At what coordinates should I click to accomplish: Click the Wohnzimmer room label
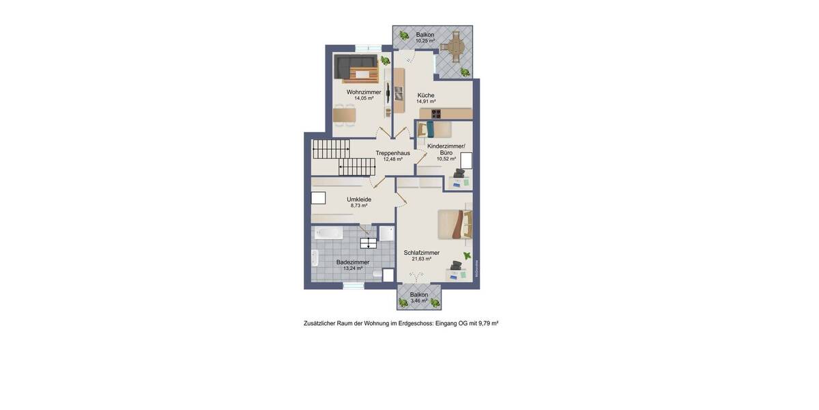[364, 92]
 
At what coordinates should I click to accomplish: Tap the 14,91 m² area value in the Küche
[426, 101]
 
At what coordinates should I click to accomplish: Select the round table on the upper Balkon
[452, 46]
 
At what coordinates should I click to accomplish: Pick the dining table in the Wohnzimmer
[345, 116]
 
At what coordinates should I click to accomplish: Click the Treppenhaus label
[392, 153]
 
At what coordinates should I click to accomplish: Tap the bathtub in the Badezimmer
[329, 233]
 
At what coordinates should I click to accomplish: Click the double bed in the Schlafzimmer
[454, 224]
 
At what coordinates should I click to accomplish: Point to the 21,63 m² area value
[421, 259]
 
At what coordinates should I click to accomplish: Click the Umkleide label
[359, 200]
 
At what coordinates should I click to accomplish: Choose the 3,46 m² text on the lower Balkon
[418, 301]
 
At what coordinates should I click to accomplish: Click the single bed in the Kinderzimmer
[435, 129]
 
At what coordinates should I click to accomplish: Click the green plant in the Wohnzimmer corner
[386, 60]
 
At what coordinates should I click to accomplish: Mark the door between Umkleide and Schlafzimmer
[401, 198]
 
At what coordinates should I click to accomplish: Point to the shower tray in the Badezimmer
[387, 233]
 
